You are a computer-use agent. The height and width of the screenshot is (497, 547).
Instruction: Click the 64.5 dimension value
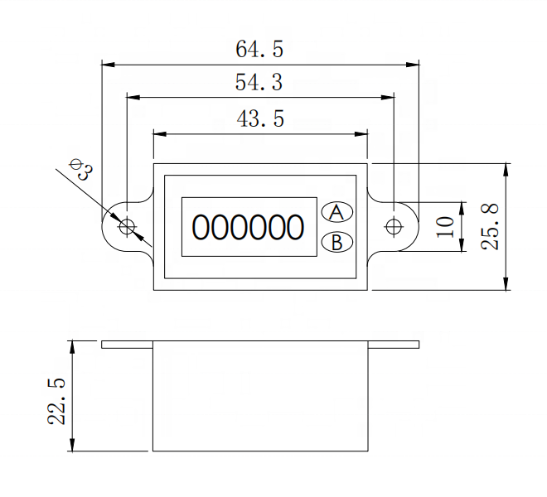point(259,49)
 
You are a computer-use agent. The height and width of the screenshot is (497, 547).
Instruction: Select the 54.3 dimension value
point(259,82)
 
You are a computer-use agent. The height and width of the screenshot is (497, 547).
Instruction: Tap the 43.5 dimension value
point(260,118)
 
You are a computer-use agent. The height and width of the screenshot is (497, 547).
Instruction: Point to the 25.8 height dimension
point(490,227)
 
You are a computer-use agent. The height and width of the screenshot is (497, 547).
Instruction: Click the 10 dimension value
point(445,227)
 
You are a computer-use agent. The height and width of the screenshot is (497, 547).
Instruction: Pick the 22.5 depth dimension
point(56,401)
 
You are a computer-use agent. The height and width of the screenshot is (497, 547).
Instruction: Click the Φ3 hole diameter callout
point(81,169)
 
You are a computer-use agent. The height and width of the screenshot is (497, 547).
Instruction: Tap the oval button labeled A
point(336,212)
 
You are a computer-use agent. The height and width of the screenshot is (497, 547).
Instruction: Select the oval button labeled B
point(336,242)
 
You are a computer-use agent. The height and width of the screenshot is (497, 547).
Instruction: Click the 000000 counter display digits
point(248,228)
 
